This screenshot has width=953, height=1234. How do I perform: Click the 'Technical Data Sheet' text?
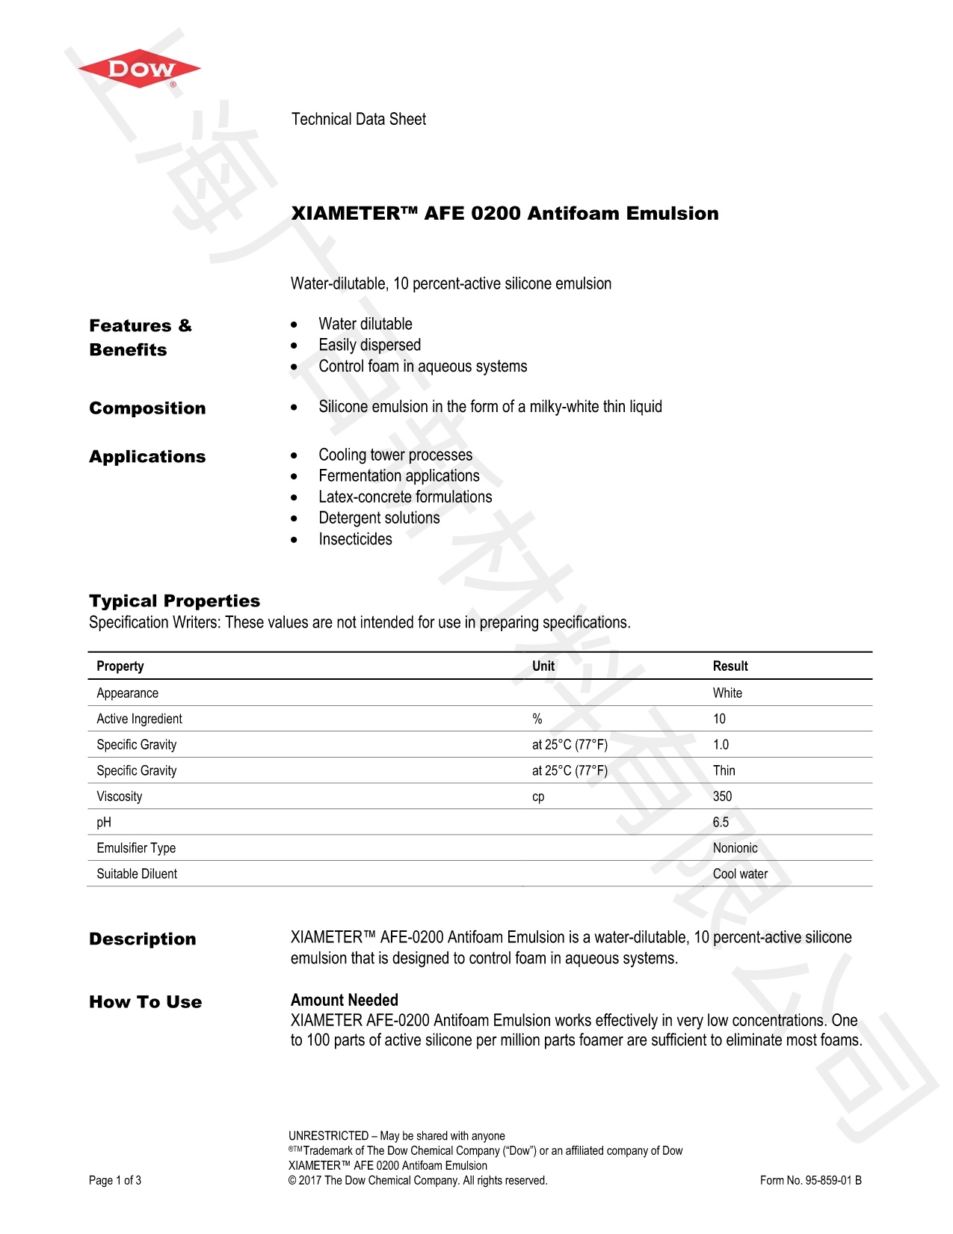(x=358, y=120)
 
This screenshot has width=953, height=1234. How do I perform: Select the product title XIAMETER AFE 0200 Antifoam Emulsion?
(x=505, y=214)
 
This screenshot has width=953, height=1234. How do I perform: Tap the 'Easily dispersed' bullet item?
(x=369, y=345)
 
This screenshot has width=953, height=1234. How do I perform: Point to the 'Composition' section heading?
(x=147, y=408)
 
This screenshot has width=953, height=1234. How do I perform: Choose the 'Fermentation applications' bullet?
(x=398, y=476)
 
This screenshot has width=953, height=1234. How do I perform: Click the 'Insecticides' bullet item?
(x=355, y=539)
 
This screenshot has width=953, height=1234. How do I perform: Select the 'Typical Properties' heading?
(x=174, y=601)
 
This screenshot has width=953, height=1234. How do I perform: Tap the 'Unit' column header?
(x=543, y=666)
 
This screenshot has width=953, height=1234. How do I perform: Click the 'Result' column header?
(x=730, y=666)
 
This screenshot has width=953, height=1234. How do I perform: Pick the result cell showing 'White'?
(x=727, y=693)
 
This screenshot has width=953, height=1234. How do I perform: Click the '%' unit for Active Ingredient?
(x=537, y=719)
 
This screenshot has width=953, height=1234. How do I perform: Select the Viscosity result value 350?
(x=722, y=796)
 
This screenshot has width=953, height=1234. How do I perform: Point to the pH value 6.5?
(x=721, y=823)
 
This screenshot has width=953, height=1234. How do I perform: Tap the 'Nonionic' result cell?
(x=735, y=848)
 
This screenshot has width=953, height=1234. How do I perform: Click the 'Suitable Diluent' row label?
(x=137, y=874)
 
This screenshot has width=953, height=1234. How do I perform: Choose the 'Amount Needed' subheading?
(x=344, y=1000)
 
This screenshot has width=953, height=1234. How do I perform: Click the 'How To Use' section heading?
(x=145, y=1002)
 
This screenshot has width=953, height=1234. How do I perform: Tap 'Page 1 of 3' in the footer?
(x=115, y=1180)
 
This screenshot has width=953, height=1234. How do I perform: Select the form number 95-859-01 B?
(x=810, y=1180)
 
